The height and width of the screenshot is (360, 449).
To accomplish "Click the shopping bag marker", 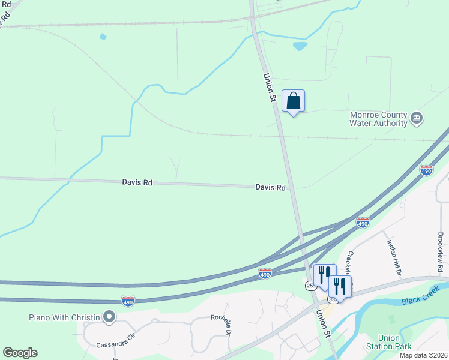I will (293, 101).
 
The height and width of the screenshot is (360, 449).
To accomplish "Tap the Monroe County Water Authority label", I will (379, 119).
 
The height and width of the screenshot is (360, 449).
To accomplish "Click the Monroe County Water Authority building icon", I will (416, 119).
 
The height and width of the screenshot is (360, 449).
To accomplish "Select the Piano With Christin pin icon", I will (109, 316).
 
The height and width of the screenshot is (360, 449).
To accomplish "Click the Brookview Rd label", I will (441, 251).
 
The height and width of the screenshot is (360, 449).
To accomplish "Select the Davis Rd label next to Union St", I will (270, 187).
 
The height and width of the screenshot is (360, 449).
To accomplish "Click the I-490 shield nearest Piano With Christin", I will (128, 300).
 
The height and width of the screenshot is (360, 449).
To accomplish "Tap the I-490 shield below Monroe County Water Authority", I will (426, 170).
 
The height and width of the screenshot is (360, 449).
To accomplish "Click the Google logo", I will (20, 353).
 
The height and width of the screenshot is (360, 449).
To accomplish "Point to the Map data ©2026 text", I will (423, 355).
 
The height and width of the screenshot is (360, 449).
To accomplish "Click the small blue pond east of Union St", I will (299, 46).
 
